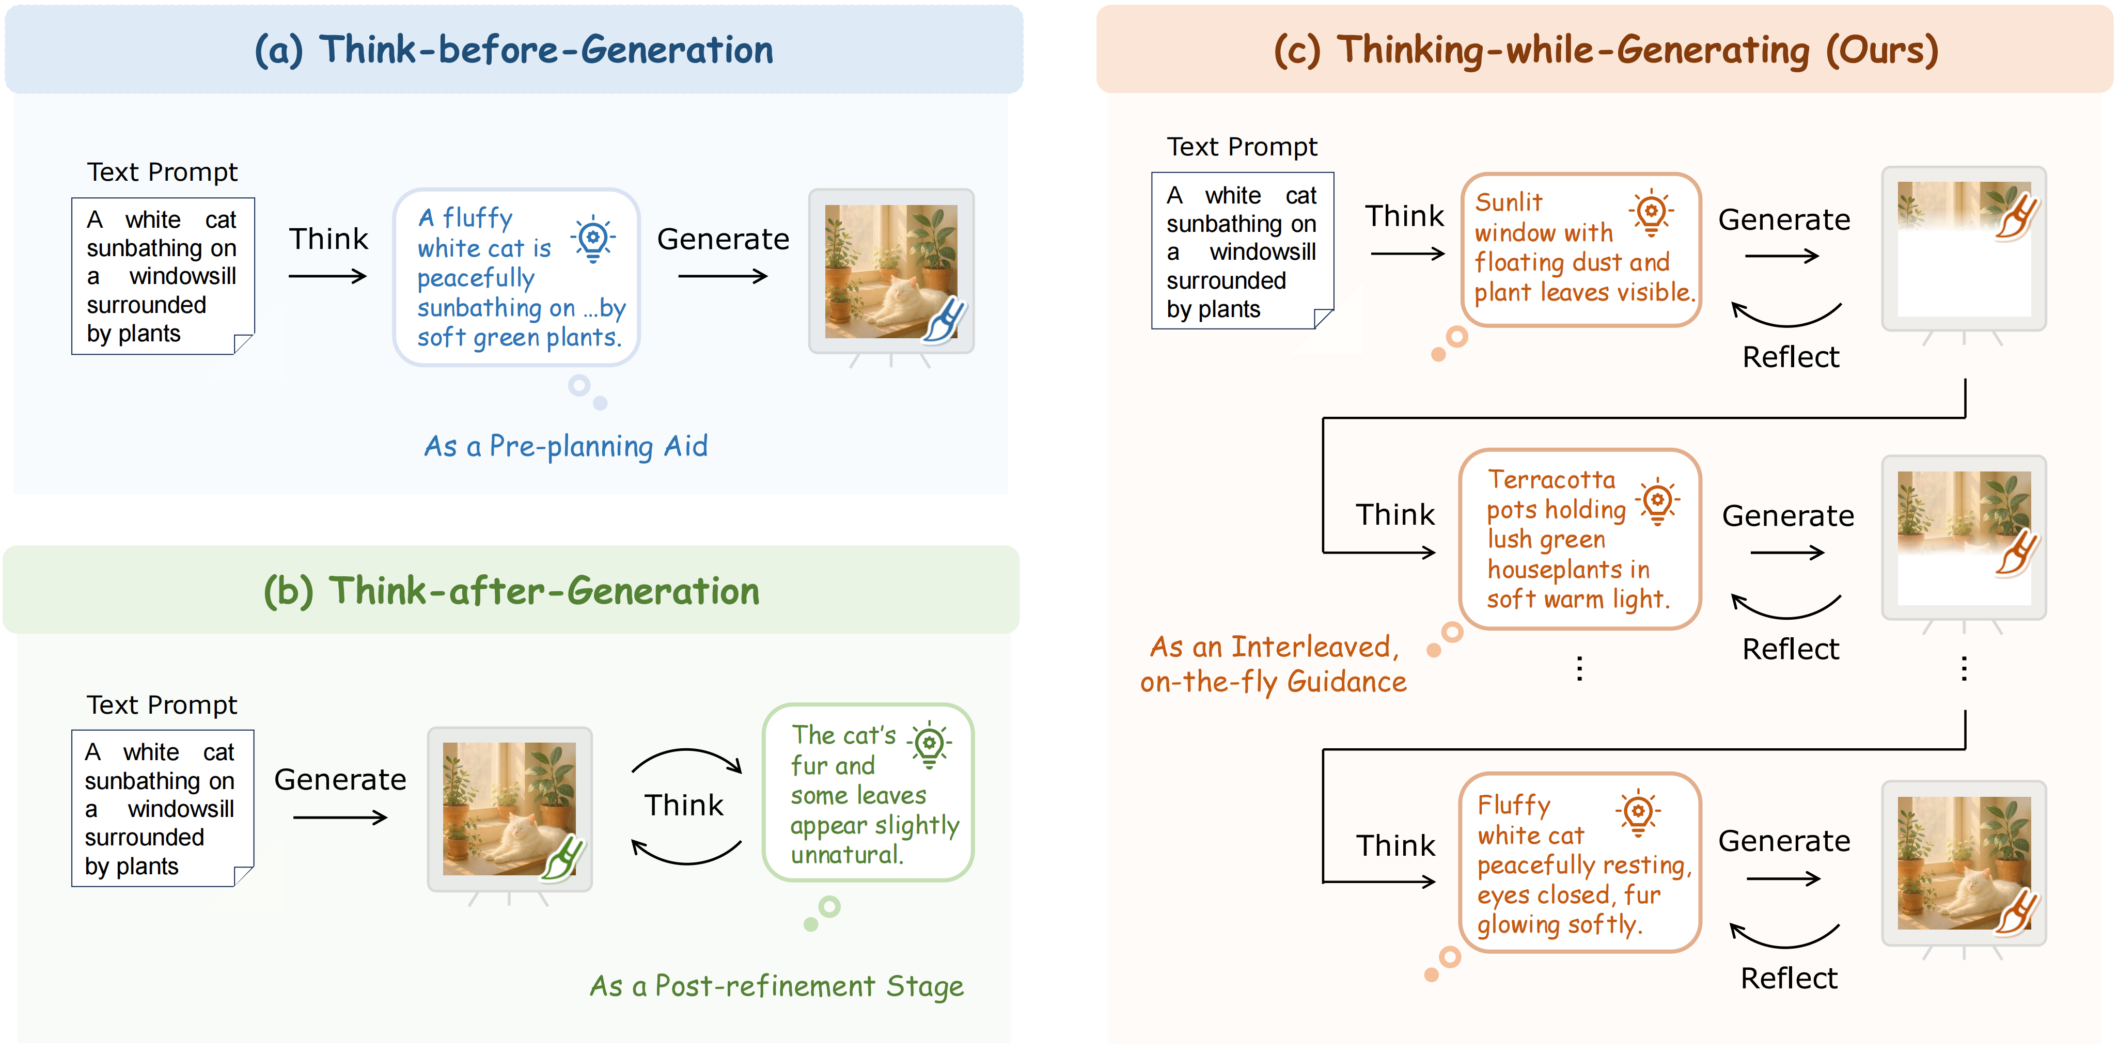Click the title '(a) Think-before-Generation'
click(x=514, y=50)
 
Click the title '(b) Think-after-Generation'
click(x=511, y=591)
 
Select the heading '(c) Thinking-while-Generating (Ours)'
click(x=1606, y=50)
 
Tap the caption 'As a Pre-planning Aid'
click(x=566, y=446)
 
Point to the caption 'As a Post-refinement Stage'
click(x=776, y=986)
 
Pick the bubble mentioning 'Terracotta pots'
click(x=1579, y=539)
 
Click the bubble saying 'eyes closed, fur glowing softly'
click(x=1579, y=863)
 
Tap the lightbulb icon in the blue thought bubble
click(x=593, y=239)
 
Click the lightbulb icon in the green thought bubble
click(x=929, y=744)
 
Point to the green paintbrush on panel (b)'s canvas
click(x=563, y=859)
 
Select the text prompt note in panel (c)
click(x=1242, y=251)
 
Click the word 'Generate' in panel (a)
click(x=723, y=239)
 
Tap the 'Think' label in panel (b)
click(x=683, y=806)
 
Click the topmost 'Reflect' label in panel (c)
click(x=1790, y=357)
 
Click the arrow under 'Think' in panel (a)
click(x=327, y=276)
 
